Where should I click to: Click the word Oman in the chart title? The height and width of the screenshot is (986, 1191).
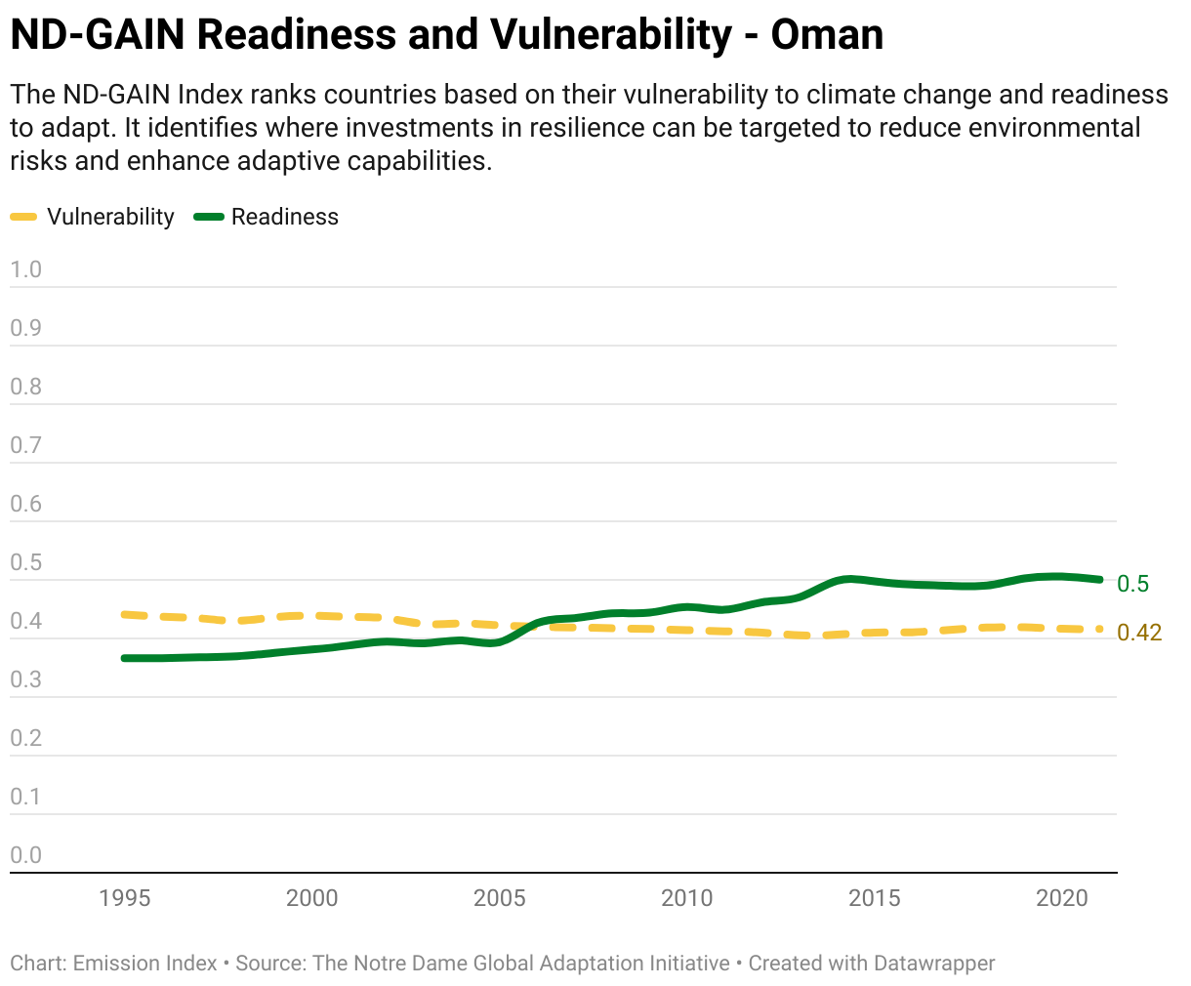click(827, 35)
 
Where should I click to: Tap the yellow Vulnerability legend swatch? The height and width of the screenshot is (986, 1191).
click(23, 217)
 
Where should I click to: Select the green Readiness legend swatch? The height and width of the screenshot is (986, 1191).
click(209, 217)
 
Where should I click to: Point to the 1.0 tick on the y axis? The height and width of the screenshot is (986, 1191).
click(25, 269)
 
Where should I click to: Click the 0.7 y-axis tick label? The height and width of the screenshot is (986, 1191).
click(25, 445)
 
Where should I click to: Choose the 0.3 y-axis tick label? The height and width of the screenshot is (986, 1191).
click(25, 679)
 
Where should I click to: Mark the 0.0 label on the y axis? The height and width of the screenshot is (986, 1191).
click(25, 855)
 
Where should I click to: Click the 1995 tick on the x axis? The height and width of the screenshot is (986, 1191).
click(125, 898)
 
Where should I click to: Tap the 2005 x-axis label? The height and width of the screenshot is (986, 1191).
click(500, 898)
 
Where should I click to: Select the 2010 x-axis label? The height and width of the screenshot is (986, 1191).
click(686, 898)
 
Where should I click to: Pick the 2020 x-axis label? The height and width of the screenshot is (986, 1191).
click(1062, 898)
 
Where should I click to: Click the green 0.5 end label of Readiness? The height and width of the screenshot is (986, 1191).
click(1132, 584)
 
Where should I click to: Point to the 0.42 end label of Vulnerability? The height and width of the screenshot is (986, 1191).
click(1139, 633)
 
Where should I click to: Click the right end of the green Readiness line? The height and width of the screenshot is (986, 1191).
click(1100, 580)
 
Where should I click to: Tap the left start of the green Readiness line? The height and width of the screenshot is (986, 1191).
click(124, 659)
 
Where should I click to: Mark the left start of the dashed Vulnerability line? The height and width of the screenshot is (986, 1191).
click(124, 614)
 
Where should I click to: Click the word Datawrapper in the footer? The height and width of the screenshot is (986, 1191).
click(934, 964)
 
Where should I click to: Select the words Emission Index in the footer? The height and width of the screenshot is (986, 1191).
click(144, 964)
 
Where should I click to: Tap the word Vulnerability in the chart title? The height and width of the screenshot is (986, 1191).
click(611, 35)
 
